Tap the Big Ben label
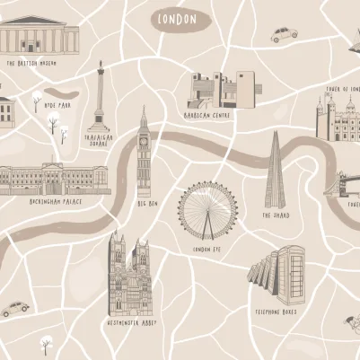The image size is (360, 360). point(146,204)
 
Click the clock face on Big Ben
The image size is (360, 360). point(144,140)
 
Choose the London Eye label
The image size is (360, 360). point(206,249)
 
